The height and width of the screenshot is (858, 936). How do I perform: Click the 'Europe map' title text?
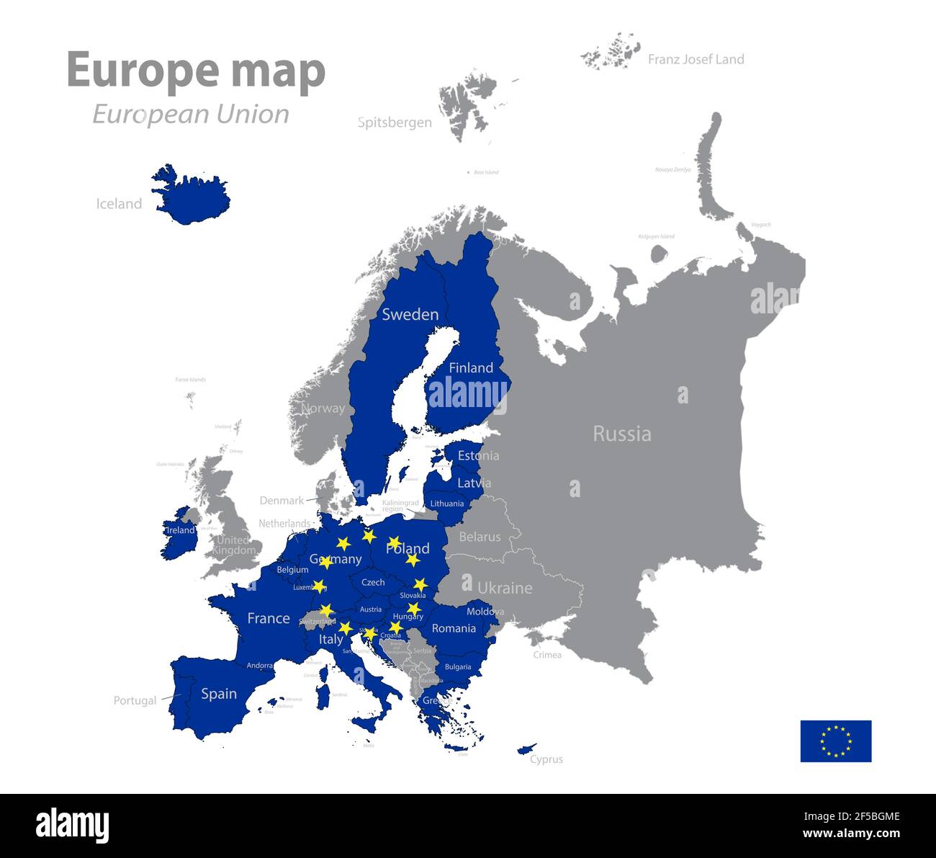[196, 71]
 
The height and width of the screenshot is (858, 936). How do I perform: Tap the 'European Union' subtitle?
[191, 114]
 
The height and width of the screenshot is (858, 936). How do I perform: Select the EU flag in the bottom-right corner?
[835, 741]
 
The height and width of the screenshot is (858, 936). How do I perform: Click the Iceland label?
[119, 204]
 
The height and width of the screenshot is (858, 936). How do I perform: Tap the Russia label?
[621, 434]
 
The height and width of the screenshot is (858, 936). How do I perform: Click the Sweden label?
[410, 314]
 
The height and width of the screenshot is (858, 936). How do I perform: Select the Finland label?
[471, 367]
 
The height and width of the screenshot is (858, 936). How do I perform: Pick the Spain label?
[219, 693]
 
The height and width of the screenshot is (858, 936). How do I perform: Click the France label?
[268, 618]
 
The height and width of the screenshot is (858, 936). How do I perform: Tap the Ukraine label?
[505, 588]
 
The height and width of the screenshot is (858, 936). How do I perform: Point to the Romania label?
[454, 628]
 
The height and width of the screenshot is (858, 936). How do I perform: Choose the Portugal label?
[135, 700]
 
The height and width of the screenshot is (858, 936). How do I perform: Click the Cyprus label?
[546, 759]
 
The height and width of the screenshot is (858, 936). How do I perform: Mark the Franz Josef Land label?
[696, 59]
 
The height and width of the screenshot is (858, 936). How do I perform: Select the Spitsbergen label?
[395, 122]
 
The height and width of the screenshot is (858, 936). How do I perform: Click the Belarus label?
[480, 537]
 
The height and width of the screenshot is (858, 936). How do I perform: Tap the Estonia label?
[478, 455]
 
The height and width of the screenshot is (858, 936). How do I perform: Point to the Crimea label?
[547, 655]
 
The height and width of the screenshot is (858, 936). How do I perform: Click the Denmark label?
[282, 500]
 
